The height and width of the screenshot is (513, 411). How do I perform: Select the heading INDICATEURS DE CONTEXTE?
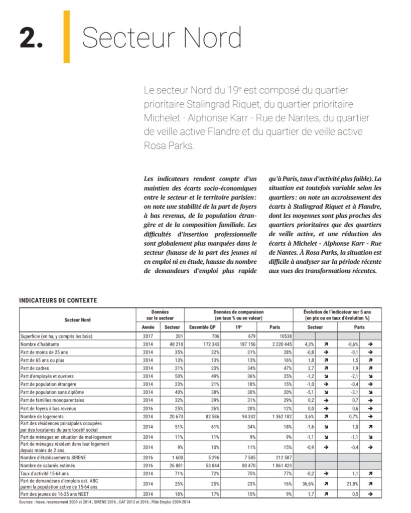pos(58,300)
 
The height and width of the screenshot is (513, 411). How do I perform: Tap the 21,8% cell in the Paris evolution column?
pos(349,483)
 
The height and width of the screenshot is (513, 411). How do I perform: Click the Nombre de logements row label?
pos(41,416)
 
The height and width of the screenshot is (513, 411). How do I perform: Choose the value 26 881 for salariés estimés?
pos(172,466)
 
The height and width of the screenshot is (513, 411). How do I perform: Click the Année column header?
pos(148,327)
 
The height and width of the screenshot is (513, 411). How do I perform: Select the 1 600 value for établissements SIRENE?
pos(173,457)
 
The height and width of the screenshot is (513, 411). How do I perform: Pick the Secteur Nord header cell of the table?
pos(77,319)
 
